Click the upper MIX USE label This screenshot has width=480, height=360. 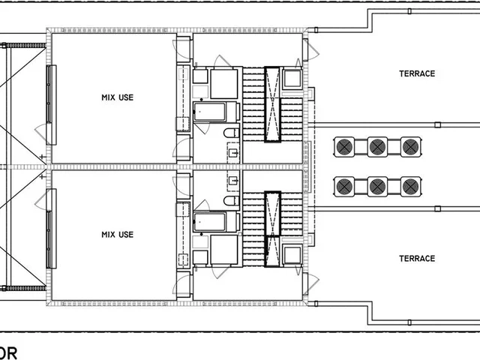pos(117,97)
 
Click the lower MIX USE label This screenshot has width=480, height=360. pos(117,235)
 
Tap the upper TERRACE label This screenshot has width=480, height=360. pos(417,73)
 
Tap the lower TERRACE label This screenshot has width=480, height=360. pos(417,259)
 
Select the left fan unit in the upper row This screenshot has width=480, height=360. pos(345,147)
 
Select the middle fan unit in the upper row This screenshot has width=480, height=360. pos(377,147)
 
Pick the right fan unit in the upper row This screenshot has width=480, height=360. pos(409,147)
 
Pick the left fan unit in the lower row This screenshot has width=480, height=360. pos(345,184)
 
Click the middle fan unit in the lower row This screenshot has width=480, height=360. pos(377,184)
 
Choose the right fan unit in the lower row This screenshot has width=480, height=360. pos(409,184)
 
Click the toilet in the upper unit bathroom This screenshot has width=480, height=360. pos(231,133)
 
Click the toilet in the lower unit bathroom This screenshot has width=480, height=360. pos(231,200)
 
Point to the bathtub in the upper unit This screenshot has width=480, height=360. pos(209,112)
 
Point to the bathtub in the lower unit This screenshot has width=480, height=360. pos(209,221)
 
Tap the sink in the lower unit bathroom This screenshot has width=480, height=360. pos(233,180)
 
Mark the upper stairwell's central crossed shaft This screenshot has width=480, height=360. pos(271,104)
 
